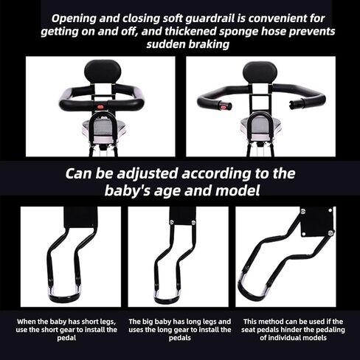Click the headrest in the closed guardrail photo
tap(103, 72)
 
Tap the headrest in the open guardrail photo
tap(260, 72)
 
